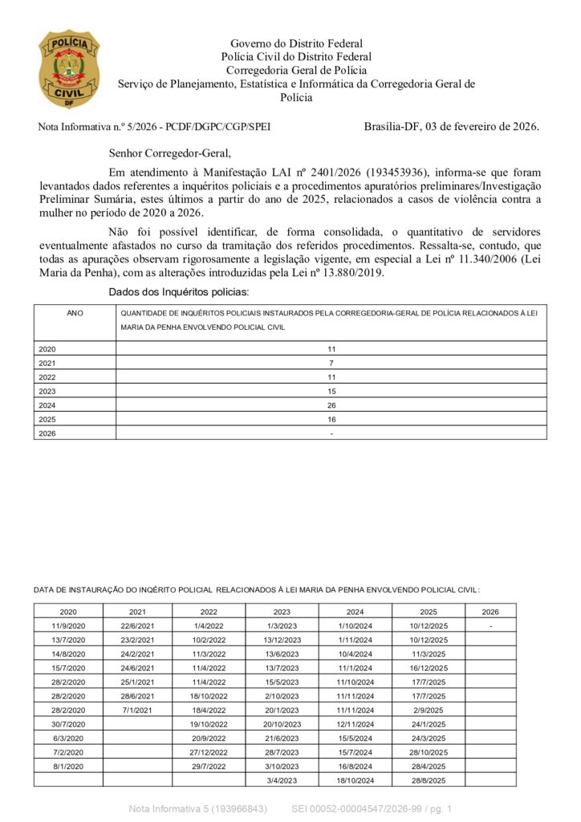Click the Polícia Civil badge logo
pos(69,69)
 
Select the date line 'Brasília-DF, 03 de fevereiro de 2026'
pos(451,126)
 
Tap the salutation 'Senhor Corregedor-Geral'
pos(169,153)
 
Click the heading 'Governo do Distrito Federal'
pos(296,43)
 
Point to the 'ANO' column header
pos(75,312)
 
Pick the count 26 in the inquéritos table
pos(331,405)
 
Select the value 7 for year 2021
pos(331,363)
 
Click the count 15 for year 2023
pos(331,391)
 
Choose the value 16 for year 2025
pos(331,419)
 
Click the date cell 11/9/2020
pos(68,625)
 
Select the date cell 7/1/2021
pos(137,710)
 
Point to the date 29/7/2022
pos(209,766)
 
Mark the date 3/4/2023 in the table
pos(282,779)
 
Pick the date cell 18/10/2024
pos(356,779)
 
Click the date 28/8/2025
pos(429,779)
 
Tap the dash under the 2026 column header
pos(490,625)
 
